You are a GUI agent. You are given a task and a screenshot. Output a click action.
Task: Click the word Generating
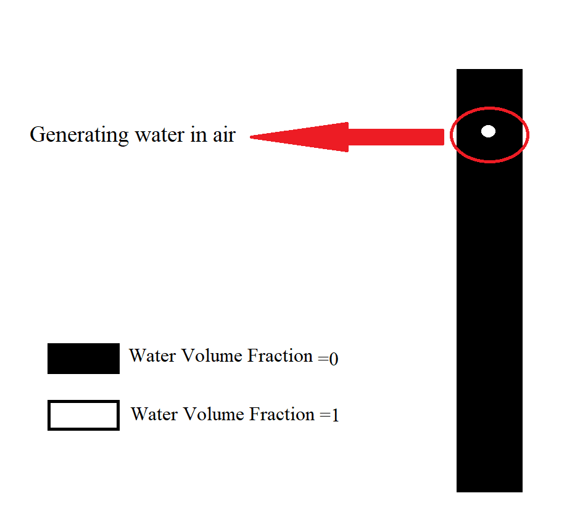pos(79,135)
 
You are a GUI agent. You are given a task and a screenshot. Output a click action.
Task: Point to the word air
pos(224,134)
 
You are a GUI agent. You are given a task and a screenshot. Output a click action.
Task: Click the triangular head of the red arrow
pos(299,137)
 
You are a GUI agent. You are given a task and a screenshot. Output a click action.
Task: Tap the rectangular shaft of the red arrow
pos(396,137)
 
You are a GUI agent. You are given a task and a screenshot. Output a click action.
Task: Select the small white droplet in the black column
pos(488,131)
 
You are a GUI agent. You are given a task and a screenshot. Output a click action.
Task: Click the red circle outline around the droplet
pos(489,135)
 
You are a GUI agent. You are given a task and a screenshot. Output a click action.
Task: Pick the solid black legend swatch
pos(84,359)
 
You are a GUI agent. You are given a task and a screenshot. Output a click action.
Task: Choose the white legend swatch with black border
pos(84,415)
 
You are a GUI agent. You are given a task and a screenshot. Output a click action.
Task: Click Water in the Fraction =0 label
pos(152,356)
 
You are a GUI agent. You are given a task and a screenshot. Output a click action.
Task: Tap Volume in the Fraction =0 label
pos(212,356)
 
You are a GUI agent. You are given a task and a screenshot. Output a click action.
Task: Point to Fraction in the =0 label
pos(280,356)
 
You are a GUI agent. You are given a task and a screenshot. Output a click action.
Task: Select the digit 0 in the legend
pos(334,359)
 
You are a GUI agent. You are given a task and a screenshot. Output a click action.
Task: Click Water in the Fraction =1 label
pos(154,414)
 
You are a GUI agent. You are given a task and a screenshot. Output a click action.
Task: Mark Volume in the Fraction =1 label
pos(213,414)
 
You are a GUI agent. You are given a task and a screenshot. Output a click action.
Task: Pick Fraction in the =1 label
pos(282,414)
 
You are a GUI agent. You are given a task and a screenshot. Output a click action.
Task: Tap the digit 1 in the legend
pos(335,415)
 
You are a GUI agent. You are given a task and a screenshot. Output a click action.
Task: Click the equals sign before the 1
pos(325,415)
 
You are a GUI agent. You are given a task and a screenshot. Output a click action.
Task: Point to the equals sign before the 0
pos(323,359)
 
